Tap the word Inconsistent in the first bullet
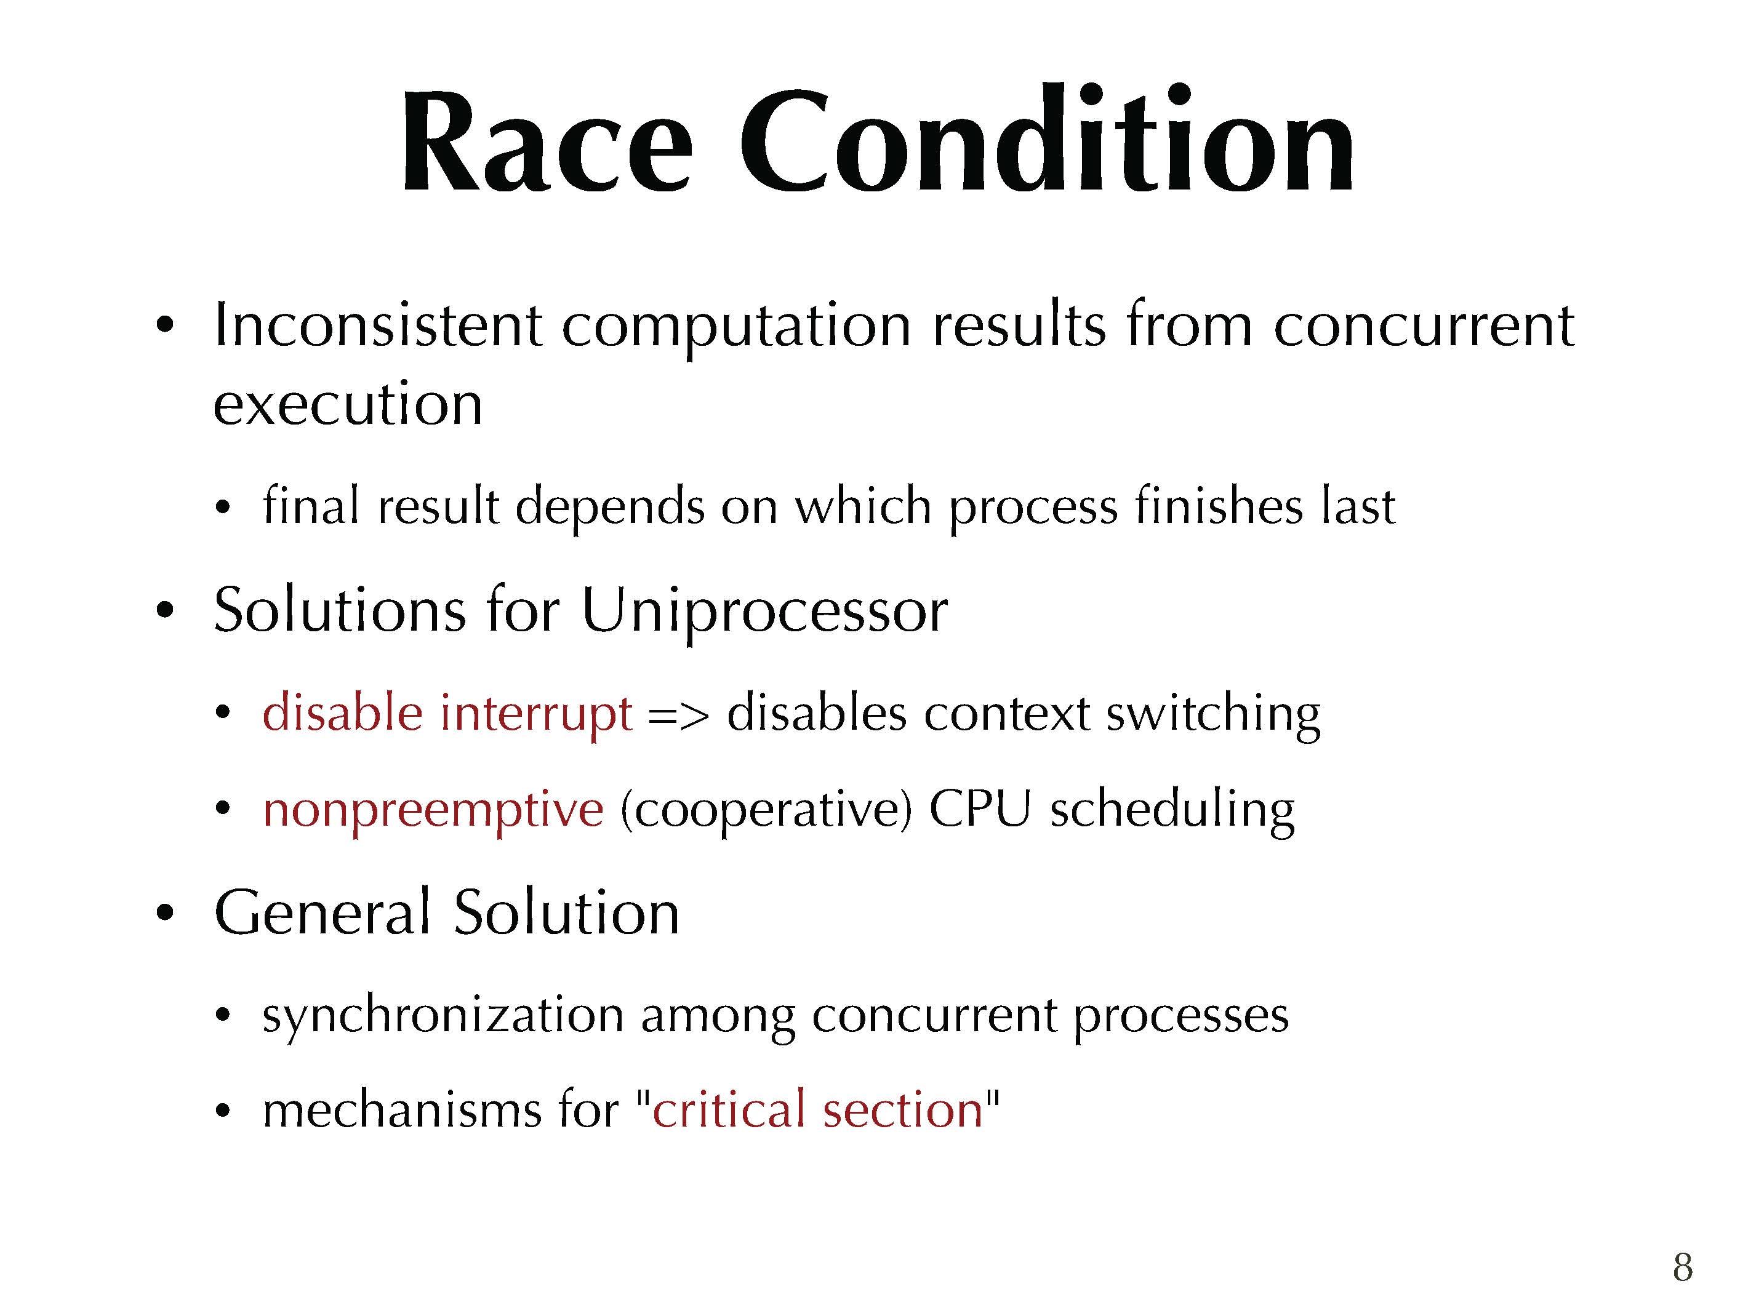click(x=379, y=324)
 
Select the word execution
click(x=348, y=403)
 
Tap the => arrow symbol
click(x=678, y=716)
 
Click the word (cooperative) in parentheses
click(x=766, y=810)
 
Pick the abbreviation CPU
click(x=980, y=809)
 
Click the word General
click(x=323, y=912)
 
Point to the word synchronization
click(x=443, y=1015)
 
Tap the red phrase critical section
click(x=818, y=1109)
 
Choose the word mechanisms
click(x=401, y=1109)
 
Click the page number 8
click(x=1683, y=1266)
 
